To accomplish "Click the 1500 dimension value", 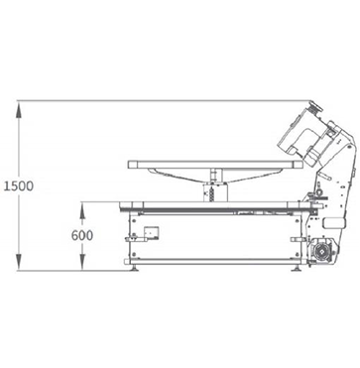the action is pyautogui.click(x=19, y=186).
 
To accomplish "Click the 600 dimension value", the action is pyautogui.click(x=82, y=235).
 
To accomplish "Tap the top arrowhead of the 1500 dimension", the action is pyautogui.click(x=19, y=109).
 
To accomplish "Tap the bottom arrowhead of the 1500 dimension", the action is pyautogui.click(x=19, y=262).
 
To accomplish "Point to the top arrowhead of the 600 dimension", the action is pyautogui.click(x=82, y=210).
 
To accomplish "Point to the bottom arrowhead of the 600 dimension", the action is pyautogui.click(x=82, y=262).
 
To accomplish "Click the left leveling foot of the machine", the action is pyautogui.click(x=135, y=268).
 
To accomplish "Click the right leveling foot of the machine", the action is pyautogui.click(x=296, y=268).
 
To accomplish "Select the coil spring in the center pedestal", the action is pyautogui.click(x=211, y=194).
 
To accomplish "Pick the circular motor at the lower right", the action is pyautogui.click(x=320, y=253).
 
